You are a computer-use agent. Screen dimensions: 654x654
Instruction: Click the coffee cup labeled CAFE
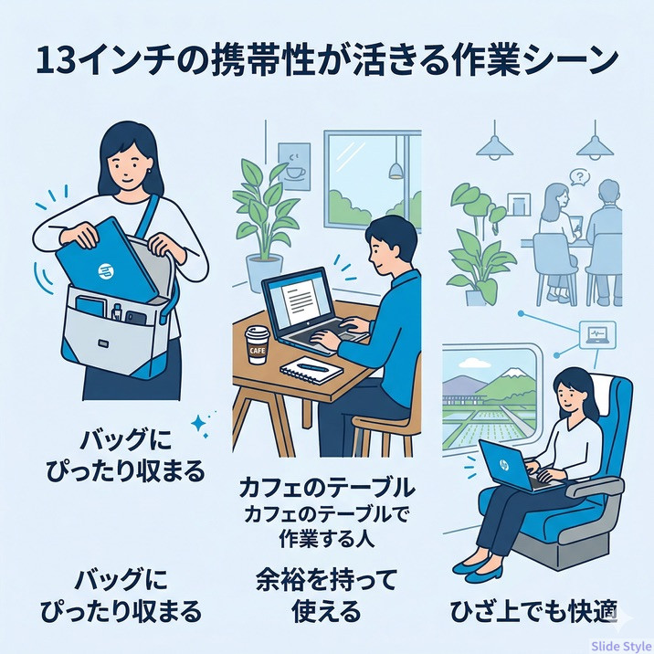[256, 345]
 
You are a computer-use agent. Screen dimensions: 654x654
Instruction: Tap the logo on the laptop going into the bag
[106, 271]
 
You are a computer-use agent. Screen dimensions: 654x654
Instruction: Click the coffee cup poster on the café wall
[294, 166]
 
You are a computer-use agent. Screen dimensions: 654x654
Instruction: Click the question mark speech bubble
[579, 177]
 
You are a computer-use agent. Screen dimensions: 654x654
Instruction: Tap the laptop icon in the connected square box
[597, 335]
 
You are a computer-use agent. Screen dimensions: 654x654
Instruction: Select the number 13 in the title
[56, 61]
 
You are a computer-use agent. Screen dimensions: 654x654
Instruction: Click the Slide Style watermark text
[622, 647]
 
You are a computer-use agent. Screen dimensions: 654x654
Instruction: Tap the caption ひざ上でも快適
[533, 611]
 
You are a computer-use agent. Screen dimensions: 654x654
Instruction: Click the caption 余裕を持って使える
[326, 596]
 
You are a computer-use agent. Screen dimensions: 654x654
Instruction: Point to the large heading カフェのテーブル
[327, 488]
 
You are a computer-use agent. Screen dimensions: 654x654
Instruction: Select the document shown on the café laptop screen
[300, 298]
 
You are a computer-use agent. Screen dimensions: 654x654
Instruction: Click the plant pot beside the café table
[265, 274]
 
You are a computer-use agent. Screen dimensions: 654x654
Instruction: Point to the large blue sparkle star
[198, 423]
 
